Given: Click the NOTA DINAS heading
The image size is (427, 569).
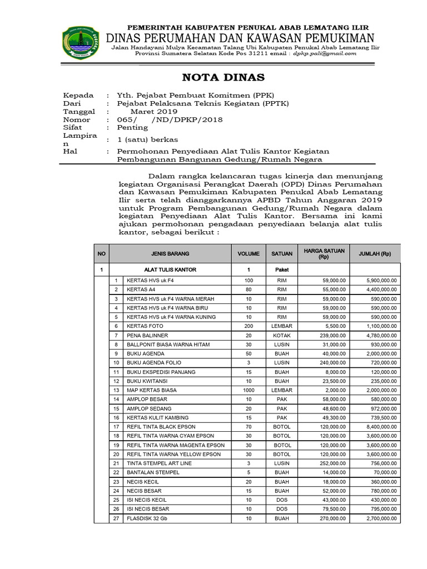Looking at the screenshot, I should (x=217, y=77).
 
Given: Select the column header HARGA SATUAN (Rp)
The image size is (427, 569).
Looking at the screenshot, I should (x=324, y=253).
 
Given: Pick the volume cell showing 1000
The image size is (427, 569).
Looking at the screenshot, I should (x=249, y=390).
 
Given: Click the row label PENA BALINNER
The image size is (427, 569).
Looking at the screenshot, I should (x=147, y=336).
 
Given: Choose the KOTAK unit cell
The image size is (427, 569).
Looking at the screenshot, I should (x=282, y=336).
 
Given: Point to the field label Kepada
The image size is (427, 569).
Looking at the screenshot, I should (x=78, y=95).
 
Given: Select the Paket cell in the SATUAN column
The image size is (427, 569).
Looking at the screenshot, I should (x=282, y=269).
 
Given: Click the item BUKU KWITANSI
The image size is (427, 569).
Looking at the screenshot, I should (x=146, y=381).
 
